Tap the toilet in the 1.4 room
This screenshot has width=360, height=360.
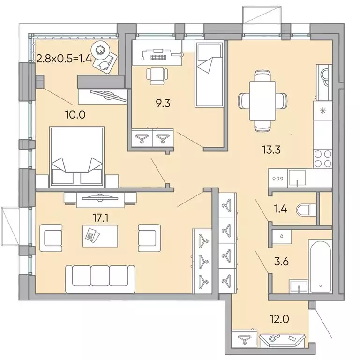(307, 210)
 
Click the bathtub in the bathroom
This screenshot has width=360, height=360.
(320, 265)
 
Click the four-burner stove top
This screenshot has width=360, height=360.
(322, 158)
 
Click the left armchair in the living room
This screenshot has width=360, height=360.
(51, 237)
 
